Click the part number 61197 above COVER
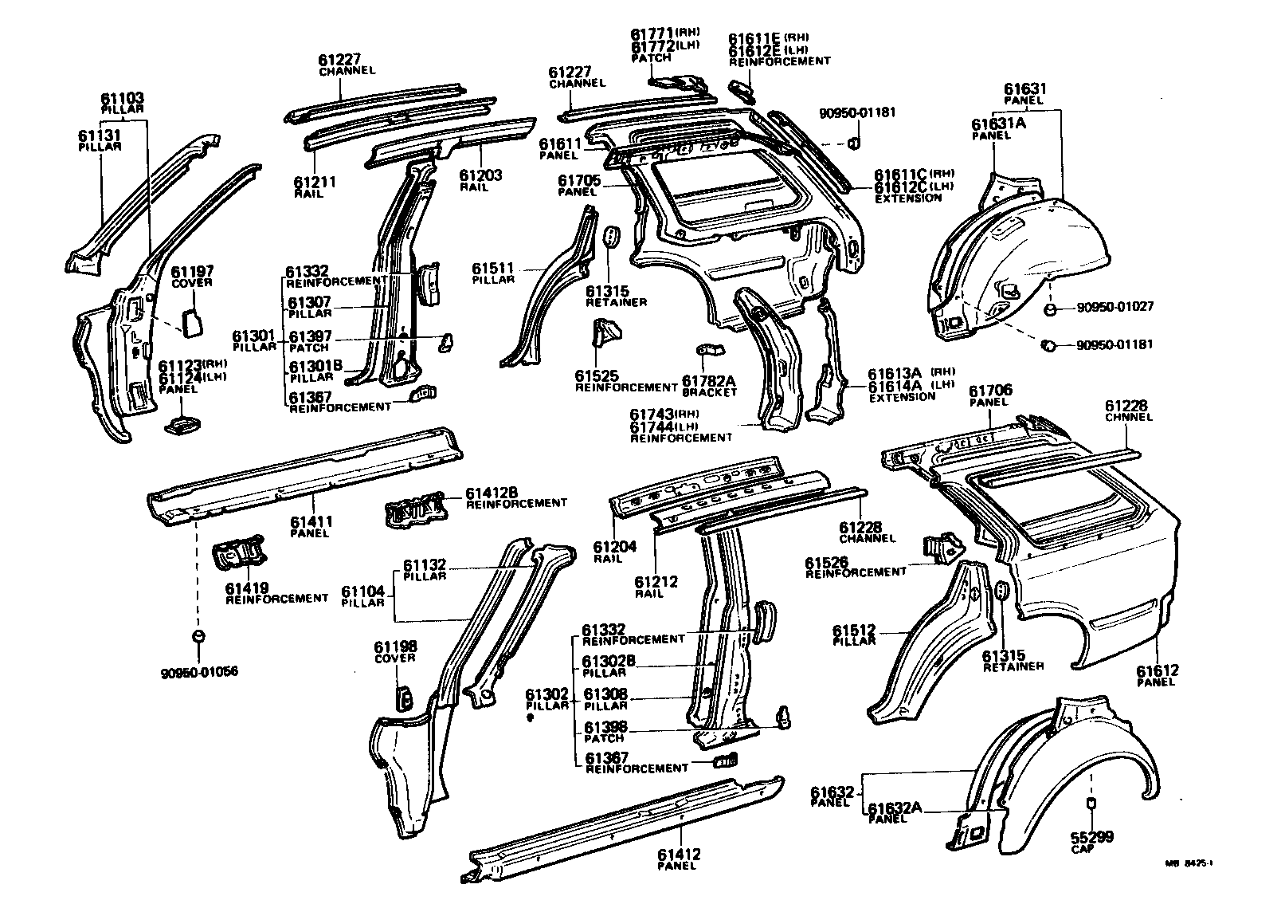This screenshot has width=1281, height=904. click(193, 272)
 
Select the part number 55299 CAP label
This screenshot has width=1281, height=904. click(1092, 837)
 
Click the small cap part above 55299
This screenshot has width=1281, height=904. click(1092, 802)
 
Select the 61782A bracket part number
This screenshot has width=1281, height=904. click(709, 381)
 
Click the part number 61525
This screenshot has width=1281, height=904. click(597, 375)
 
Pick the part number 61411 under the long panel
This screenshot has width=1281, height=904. click(311, 522)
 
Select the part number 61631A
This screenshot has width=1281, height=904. click(998, 124)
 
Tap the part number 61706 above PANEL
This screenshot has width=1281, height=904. click(990, 391)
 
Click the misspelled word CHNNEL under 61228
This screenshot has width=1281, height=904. click(1129, 418)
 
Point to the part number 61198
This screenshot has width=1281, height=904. click(395, 647)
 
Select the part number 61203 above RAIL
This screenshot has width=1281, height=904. click(480, 175)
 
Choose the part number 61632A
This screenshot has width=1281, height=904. click(895, 808)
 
